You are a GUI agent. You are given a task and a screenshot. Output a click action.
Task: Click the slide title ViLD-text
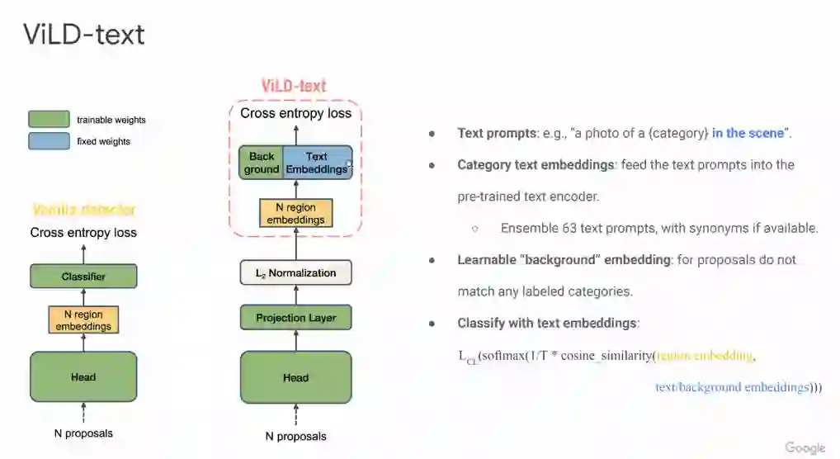[83, 34]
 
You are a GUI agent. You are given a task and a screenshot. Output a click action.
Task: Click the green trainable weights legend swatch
[49, 120]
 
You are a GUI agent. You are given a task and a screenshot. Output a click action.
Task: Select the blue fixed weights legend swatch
[49, 141]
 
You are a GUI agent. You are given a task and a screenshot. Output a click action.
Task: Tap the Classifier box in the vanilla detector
[83, 277]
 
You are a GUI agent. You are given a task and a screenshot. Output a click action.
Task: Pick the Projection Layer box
[295, 318]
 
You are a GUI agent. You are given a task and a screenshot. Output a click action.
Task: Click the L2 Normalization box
[295, 272]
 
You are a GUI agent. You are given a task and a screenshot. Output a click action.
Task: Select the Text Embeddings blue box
[317, 163]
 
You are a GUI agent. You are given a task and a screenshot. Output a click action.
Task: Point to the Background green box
[261, 163]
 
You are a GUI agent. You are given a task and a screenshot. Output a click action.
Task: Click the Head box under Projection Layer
[295, 378]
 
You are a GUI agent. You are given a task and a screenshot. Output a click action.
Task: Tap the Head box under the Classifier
[83, 377]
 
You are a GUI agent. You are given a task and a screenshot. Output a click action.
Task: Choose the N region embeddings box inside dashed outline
[295, 213]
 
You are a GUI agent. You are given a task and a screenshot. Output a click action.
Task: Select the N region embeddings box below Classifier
[83, 320]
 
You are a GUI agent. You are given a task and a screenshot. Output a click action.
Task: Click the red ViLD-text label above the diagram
[294, 86]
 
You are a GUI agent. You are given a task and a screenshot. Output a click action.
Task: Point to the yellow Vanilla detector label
[83, 210]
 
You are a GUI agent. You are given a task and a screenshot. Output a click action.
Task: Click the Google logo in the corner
[805, 447]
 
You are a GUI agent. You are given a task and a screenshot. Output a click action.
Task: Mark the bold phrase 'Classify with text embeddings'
[547, 323]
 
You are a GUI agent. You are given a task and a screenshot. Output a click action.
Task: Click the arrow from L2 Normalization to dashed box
[295, 248]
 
